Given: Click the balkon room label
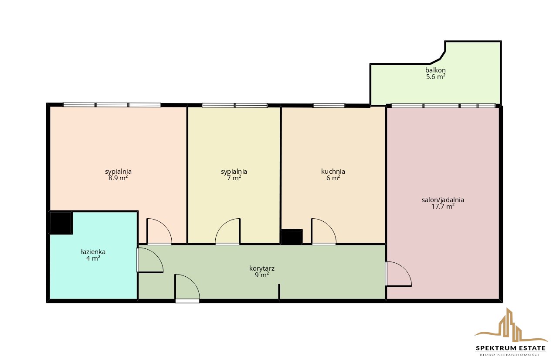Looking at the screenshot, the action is click(x=435, y=70).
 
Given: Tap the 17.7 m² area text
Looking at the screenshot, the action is click(x=443, y=206).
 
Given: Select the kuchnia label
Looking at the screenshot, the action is click(x=333, y=172).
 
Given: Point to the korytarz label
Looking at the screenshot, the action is click(x=262, y=268).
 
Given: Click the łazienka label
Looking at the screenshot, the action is click(x=93, y=252).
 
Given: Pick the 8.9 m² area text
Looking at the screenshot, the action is click(x=118, y=178).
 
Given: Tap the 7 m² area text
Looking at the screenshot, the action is click(x=234, y=178).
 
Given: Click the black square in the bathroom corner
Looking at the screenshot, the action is click(x=61, y=223).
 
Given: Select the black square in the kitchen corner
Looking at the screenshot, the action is click(x=292, y=237).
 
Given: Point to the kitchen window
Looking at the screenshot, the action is click(x=329, y=106).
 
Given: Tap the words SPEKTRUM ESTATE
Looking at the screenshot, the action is click(x=511, y=348).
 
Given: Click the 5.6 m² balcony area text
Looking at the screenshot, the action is click(x=436, y=77).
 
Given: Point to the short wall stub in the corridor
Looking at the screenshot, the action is click(x=279, y=292).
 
